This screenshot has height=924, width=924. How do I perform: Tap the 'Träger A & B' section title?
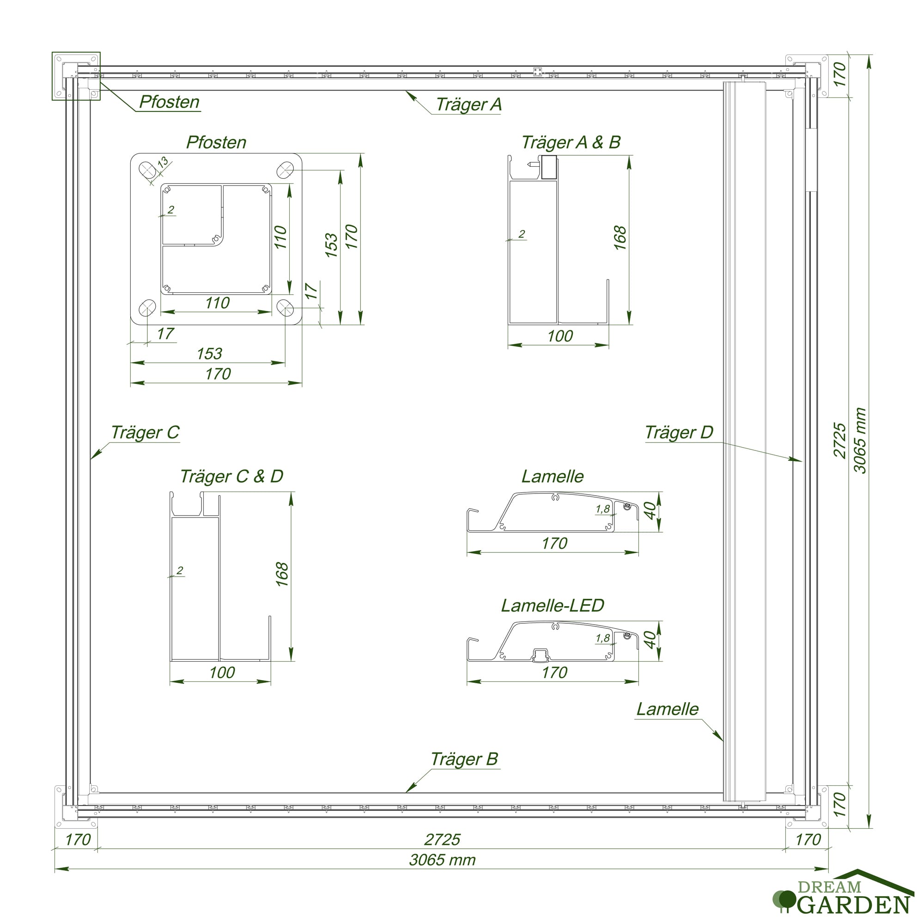tap(571, 142)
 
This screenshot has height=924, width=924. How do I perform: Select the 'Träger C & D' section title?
tap(231, 476)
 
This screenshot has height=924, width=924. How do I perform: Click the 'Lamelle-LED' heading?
tap(553, 606)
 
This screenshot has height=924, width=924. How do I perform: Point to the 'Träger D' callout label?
tap(679, 432)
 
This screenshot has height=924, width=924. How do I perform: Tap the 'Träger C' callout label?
tap(145, 432)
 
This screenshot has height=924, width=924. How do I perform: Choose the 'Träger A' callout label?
tap(468, 104)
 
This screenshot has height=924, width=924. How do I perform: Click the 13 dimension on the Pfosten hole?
tap(163, 162)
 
